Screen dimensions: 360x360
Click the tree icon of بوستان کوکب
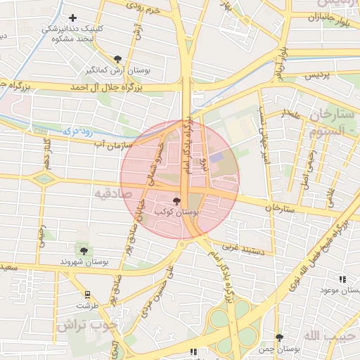tap(176, 201)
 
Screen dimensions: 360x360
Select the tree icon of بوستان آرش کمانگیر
tap(117, 60)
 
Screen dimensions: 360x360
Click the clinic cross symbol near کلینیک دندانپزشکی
tap(73, 18)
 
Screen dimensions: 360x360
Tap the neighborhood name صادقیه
tap(110, 192)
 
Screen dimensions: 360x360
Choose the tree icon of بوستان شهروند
tap(84, 250)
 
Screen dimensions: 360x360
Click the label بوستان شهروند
tap(85, 262)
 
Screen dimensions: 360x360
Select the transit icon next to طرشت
tap(87, 295)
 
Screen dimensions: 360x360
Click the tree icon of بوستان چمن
tap(280, 337)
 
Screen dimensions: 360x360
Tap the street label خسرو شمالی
tap(154, 161)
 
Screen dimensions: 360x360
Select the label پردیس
tap(316, 74)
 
